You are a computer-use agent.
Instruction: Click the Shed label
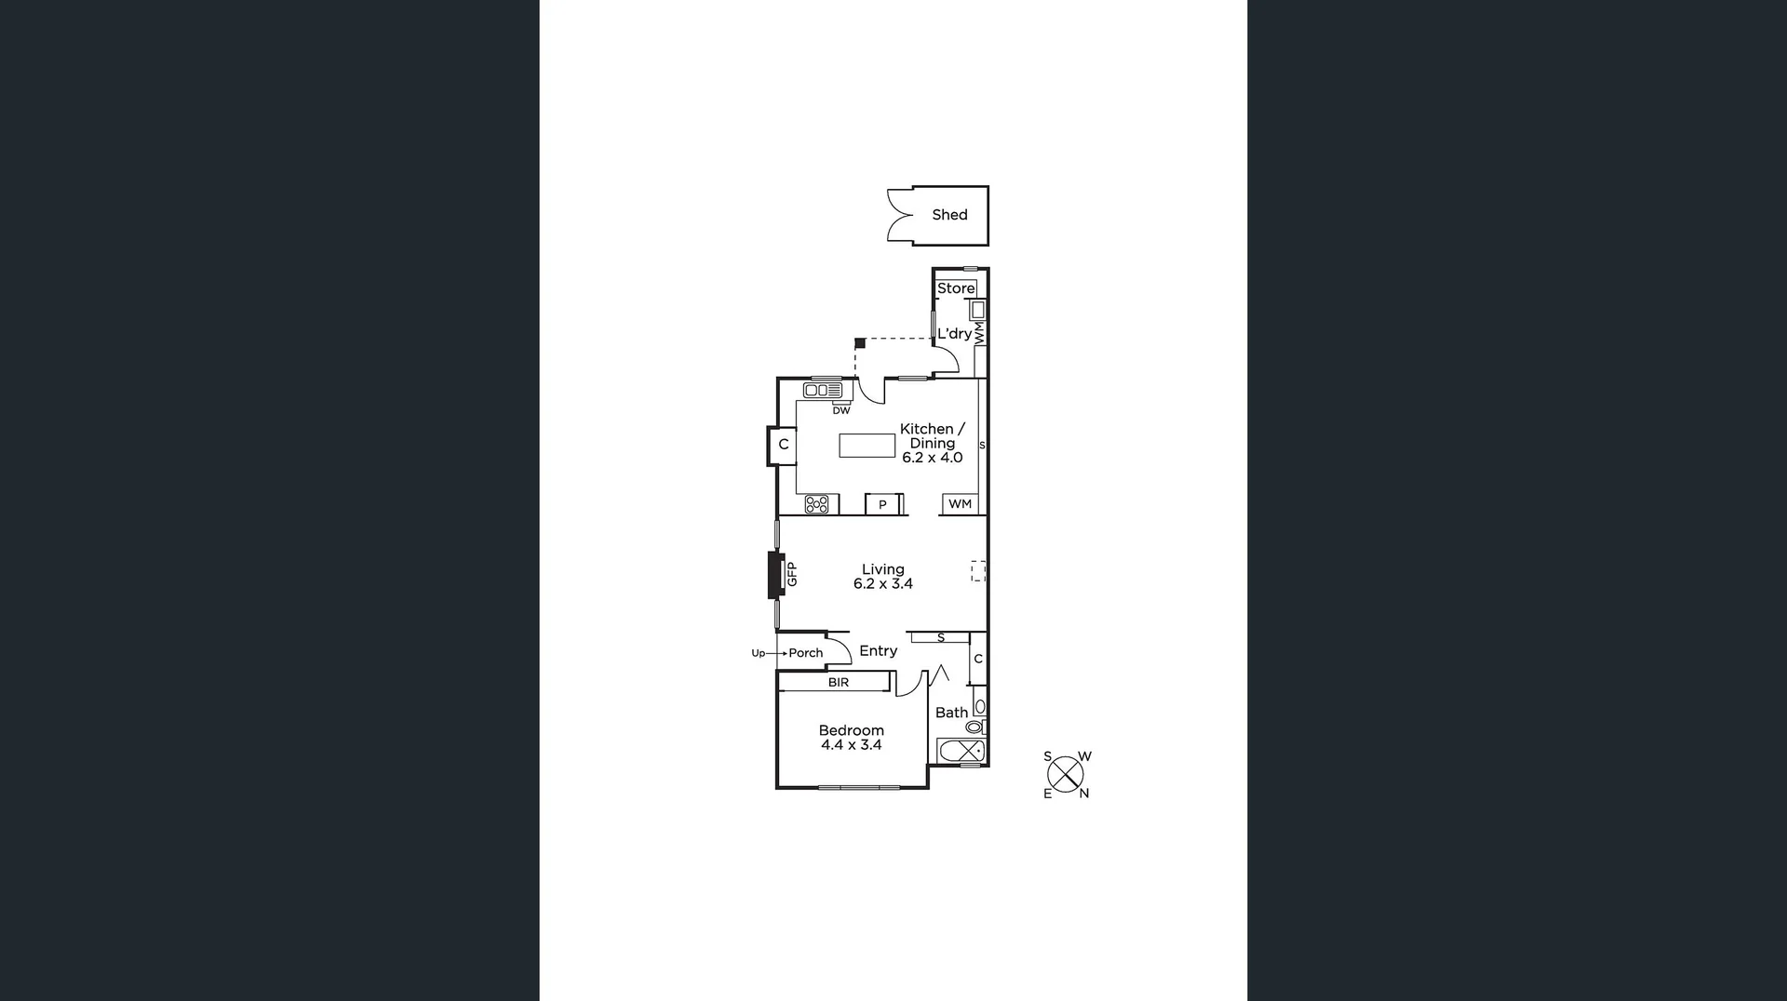pyautogui.click(x=949, y=215)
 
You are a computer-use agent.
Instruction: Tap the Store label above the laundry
pyautogui.click(x=956, y=288)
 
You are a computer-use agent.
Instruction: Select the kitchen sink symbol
pyautogui.click(x=823, y=390)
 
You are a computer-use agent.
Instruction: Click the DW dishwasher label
pyautogui.click(x=841, y=410)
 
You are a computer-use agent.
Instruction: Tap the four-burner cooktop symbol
pyautogui.click(x=816, y=504)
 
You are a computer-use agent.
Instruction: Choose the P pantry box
pyautogui.click(x=882, y=505)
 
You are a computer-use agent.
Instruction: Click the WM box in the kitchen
pyautogui.click(x=960, y=504)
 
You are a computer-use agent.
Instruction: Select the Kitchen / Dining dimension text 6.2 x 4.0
pyautogui.click(x=932, y=458)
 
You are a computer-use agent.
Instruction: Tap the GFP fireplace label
pyautogui.click(x=792, y=574)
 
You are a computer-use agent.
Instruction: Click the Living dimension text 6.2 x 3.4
pyautogui.click(x=883, y=584)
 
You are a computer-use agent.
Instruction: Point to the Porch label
pyautogui.click(x=806, y=653)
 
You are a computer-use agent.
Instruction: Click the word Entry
pyautogui.click(x=878, y=651)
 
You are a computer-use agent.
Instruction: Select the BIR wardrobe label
pyautogui.click(x=839, y=683)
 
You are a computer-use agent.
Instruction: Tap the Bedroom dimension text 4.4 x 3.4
pyautogui.click(x=851, y=745)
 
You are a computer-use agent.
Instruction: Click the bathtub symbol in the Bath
pyautogui.click(x=961, y=751)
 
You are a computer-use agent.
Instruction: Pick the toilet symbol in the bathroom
pyautogui.click(x=974, y=727)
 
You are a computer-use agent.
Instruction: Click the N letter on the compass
pyautogui.click(x=1083, y=794)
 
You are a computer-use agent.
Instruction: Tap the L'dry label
pyautogui.click(x=954, y=334)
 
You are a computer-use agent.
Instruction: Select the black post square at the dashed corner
pyautogui.click(x=860, y=343)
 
